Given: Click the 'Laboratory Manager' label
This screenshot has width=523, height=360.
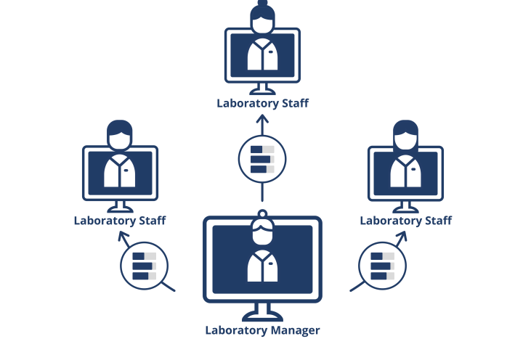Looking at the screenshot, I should click(x=262, y=330).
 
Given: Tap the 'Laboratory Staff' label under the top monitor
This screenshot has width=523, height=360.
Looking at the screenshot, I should click(x=262, y=103).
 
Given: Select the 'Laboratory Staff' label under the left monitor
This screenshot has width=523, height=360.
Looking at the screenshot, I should click(x=120, y=221).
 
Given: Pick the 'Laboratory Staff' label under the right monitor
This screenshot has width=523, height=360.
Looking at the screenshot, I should click(x=406, y=221).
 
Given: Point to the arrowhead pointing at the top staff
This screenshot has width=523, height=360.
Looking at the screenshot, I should click(x=262, y=117).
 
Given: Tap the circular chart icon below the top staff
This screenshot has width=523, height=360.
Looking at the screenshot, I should click(x=262, y=159).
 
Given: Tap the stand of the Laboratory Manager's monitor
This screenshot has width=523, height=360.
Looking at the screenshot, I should click(x=262, y=313).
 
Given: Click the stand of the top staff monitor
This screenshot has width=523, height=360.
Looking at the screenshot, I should click(x=262, y=88).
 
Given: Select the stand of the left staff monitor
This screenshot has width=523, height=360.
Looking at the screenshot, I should click(x=120, y=205).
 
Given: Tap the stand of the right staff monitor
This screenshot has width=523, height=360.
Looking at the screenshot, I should click(x=406, y=205).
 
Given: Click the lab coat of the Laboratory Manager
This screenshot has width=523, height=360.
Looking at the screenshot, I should click(x=262, y=266).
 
